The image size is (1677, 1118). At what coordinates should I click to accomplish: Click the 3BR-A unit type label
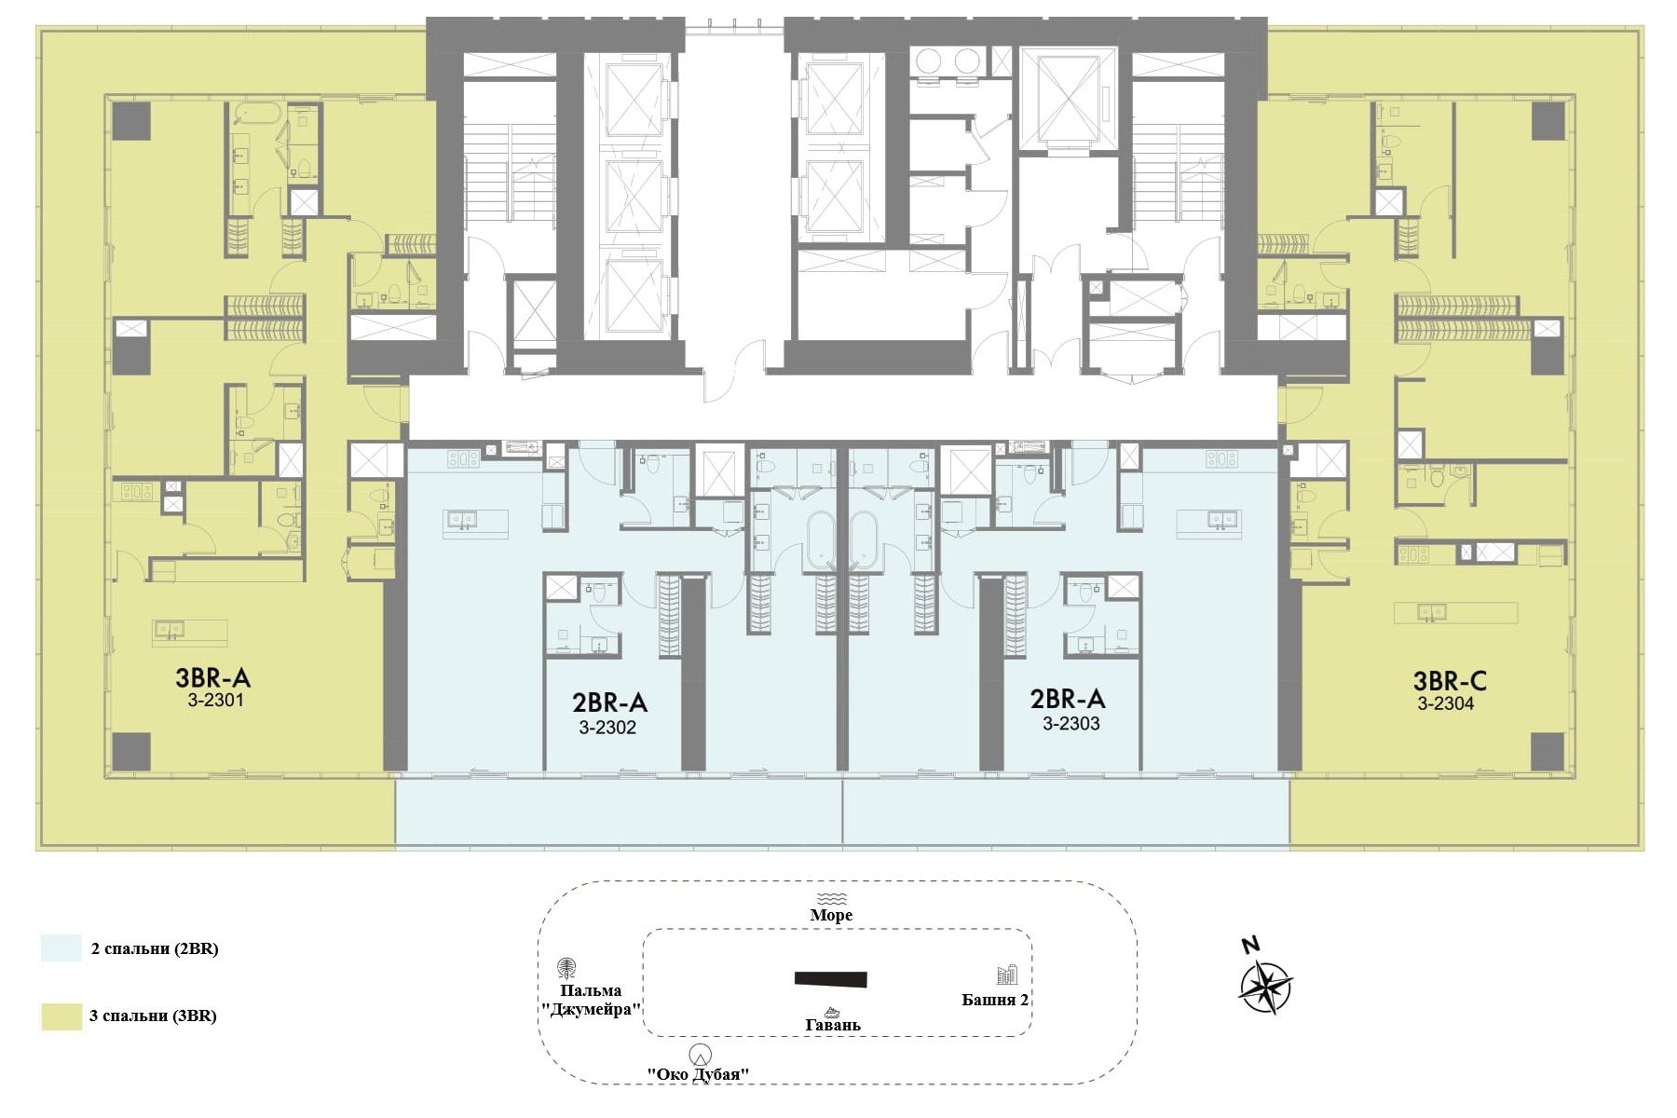pos(213,676)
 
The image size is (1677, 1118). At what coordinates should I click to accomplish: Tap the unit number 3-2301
pos(215,700)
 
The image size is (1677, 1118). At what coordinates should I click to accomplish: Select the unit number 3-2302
pos(607,728)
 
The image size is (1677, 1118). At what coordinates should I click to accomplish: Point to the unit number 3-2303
pos(1071,723)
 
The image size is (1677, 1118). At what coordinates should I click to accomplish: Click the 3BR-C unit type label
pos(1450,681)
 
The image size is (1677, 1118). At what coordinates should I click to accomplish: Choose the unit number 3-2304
pos(1446,704)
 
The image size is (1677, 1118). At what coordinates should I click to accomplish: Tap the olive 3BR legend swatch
pos(61,1016)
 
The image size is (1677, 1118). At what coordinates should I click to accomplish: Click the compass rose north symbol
pos(1265,987)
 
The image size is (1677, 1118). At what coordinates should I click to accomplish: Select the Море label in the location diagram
pos(831,915)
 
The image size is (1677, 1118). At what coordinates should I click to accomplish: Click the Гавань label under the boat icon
pos(833,1025)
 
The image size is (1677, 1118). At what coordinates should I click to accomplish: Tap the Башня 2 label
pos(995,1000)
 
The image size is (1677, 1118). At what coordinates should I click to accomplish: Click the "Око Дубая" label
pos(699,1074)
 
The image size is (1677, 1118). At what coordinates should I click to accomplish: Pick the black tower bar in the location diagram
pos(831,978)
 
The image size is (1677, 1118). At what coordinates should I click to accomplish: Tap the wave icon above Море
pos(830,898)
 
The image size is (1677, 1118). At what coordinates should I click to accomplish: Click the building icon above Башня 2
pos(1007,975)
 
